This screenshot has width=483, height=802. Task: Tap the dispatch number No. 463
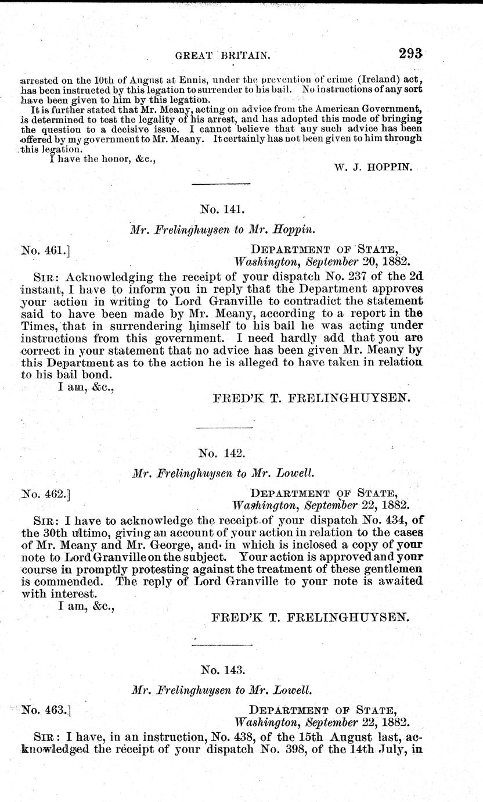tap(45, 710)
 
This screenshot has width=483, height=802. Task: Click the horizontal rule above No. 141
tap(221, 184)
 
